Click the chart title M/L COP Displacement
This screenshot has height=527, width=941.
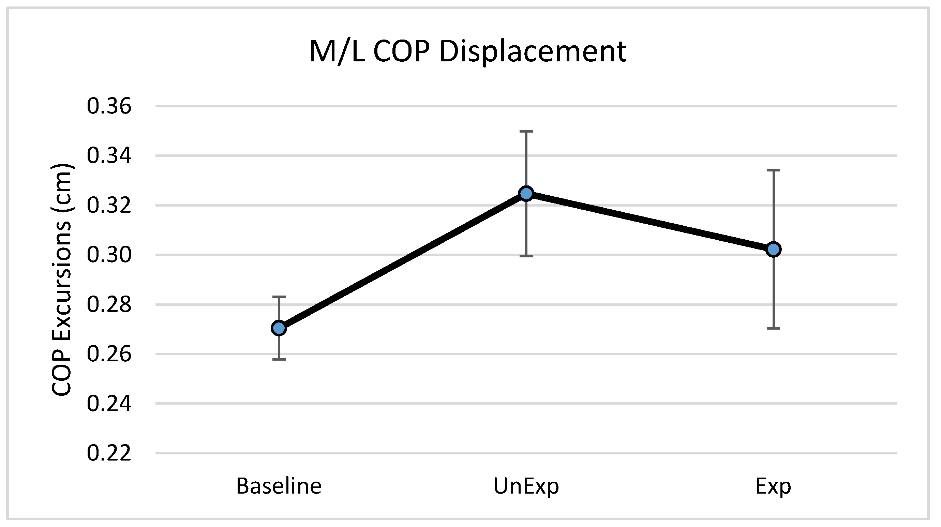(467, 52)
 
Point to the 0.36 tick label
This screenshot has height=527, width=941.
(109, 106)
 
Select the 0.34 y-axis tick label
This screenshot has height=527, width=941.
(109, 155)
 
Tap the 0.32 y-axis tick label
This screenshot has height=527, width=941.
(109, 205)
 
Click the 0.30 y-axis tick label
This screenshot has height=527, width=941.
(109, 255)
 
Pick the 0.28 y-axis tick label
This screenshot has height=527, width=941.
(109, 305)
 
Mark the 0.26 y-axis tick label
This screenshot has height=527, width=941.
(109, 354)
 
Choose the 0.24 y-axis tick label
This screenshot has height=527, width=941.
(109, 404)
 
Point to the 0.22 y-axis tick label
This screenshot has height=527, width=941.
(109, 453)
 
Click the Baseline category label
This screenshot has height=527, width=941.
(279, 486)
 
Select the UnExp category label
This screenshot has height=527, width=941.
(526, 487)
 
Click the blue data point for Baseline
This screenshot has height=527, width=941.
(279, 328)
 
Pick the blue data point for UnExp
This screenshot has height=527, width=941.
(526, 194)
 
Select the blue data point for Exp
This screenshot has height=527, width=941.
(773, 250)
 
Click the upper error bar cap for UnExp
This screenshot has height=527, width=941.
(526, 131)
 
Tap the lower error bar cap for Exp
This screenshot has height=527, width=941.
(773, 328)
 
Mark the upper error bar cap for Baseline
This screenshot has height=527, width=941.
(279, 297)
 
